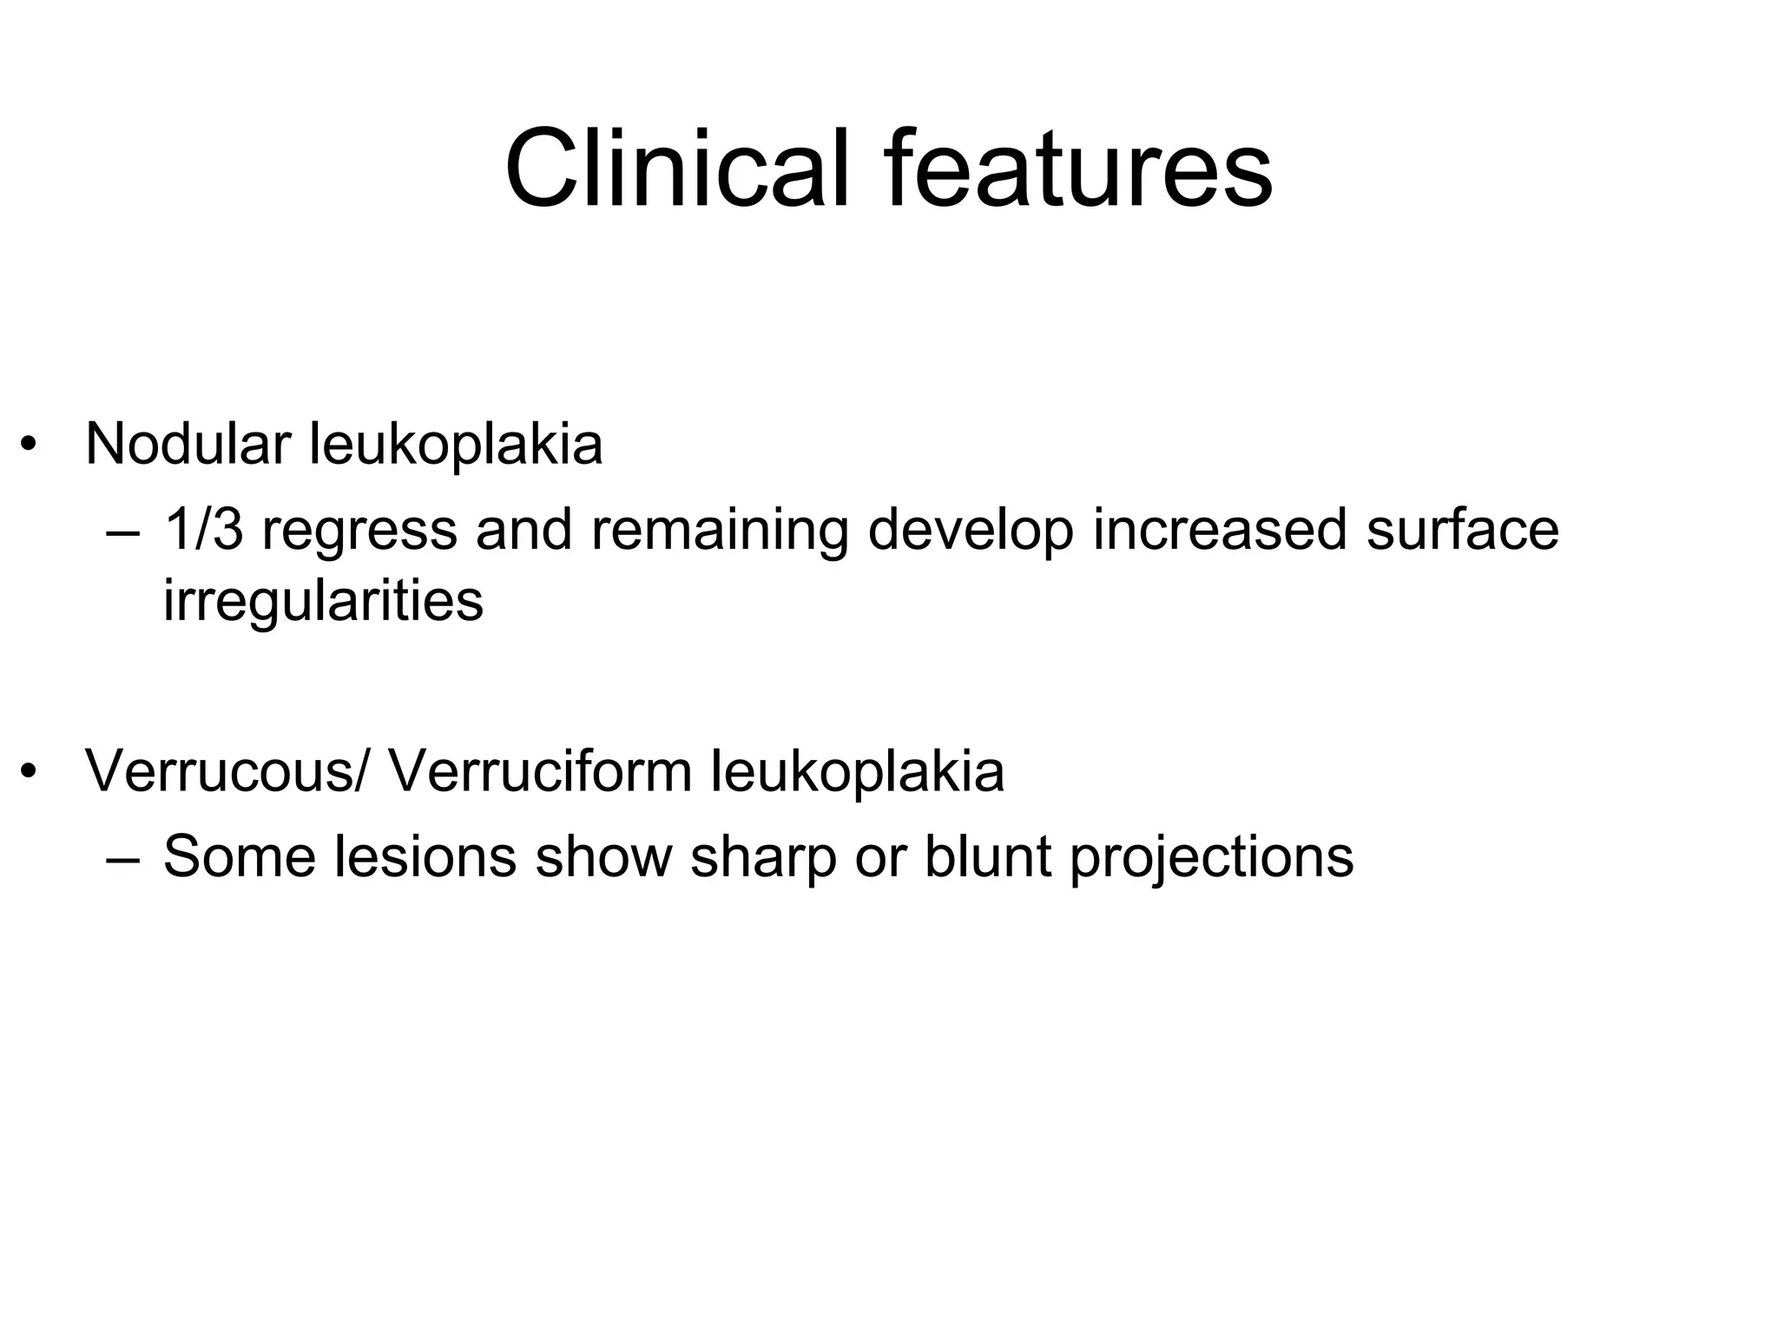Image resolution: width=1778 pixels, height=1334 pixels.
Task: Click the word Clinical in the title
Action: [x=677, y=169]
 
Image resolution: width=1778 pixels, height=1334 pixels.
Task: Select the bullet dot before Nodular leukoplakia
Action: [x=30, y=445]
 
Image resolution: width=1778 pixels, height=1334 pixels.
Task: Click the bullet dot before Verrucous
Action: [x=30, y=771]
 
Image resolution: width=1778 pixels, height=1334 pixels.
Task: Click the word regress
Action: [x=359, y=531]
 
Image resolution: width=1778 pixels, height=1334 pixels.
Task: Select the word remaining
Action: [x=720, y=531]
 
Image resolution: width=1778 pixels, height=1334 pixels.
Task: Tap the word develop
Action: [x=971, y=531]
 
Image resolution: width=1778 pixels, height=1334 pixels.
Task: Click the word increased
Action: [x=1220, y=529]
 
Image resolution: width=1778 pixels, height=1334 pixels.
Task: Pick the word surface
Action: [x=1462, y=529]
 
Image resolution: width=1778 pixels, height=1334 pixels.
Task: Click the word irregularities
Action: [x=323, y=600]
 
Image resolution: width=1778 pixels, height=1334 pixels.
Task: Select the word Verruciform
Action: [x=539, y=770]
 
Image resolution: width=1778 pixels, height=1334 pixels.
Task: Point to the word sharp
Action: [x=763, y=857]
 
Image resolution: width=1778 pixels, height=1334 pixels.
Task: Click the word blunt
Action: [x=988, y=855]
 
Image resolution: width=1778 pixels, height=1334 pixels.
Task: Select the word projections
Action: [x=1211, y=857]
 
